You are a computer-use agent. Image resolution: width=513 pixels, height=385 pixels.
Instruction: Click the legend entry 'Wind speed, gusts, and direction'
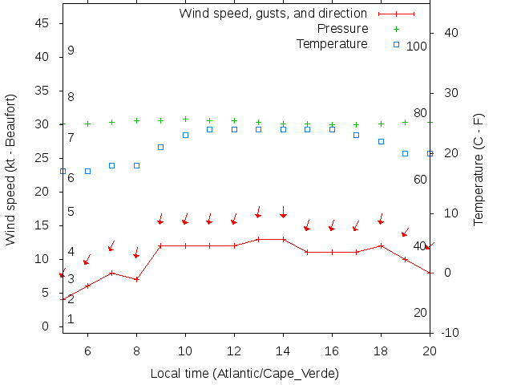[x=273, y=14]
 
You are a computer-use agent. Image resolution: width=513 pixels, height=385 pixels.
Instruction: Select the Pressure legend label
[x=332, y=29]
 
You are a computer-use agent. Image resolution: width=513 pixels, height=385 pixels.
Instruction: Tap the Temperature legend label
[x=332, y=43]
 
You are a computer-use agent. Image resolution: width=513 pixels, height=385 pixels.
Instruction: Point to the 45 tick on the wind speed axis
[x=44, y=24]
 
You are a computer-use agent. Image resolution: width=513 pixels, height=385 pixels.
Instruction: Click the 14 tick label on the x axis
[x=283, y=350]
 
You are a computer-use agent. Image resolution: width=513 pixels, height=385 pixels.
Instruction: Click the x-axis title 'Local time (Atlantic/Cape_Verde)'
[x=244, y=374]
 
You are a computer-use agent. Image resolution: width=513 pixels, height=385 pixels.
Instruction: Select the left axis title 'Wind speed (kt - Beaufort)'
[x=11, y=169]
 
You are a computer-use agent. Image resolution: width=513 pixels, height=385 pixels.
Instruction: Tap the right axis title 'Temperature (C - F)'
[x=479, y=169]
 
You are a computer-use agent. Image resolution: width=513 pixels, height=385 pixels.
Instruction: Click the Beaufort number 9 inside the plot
[x=71, y=51]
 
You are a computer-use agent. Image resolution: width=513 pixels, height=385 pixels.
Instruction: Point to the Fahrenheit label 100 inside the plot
[x=417, y=47]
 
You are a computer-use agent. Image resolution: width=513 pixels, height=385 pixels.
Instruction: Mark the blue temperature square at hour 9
[x=160, y=147]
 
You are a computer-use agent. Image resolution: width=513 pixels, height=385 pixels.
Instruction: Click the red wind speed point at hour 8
[x=136, y=279]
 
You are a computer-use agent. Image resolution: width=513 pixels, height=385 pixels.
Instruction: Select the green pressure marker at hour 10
[x=185, y=119]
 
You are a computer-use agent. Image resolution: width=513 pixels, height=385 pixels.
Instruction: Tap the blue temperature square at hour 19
[x=405, y=153]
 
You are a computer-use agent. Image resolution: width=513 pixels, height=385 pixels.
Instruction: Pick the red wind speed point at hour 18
[x=381, y=245]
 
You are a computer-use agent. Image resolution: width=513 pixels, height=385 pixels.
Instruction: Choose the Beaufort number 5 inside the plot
[x=71, y=212]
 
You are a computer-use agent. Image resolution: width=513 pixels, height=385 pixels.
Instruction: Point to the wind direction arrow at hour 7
[x=111, y=245]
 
